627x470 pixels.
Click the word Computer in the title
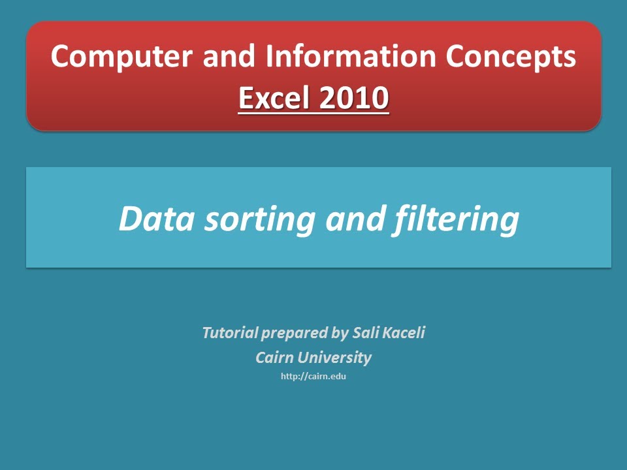point(121,57)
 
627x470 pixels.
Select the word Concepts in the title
point(511,57)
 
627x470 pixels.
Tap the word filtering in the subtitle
point(457,220)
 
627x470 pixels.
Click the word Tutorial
point(229,333)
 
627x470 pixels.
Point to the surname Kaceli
point(405,333)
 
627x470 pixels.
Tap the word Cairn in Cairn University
point(274,358)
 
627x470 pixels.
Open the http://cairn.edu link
point(313,377)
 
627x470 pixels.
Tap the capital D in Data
point(130,219)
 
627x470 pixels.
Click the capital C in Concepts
point(458,57)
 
